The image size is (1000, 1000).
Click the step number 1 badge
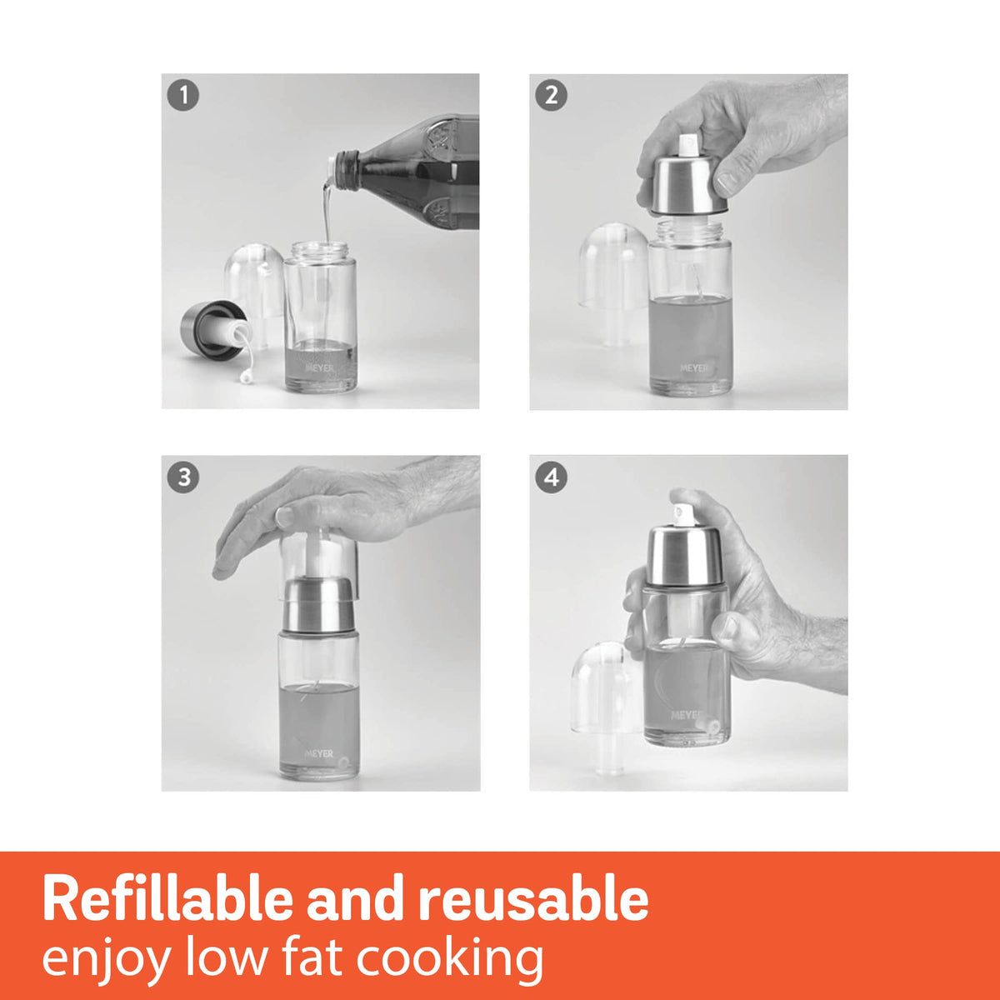click(183, 96)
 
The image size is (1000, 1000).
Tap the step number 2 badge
click(551, 96)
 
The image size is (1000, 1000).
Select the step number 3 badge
click(183, 478)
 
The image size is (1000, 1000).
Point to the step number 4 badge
click(551, 478)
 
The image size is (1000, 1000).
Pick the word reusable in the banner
click(533, 900)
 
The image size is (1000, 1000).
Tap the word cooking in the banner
click(450, 958)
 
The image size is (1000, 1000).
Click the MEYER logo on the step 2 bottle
click(693, 367)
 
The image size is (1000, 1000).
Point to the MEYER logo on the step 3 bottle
click(318, 753)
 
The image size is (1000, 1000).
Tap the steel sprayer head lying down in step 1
click(208, 330)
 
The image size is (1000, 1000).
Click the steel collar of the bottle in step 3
click(319, 606)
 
